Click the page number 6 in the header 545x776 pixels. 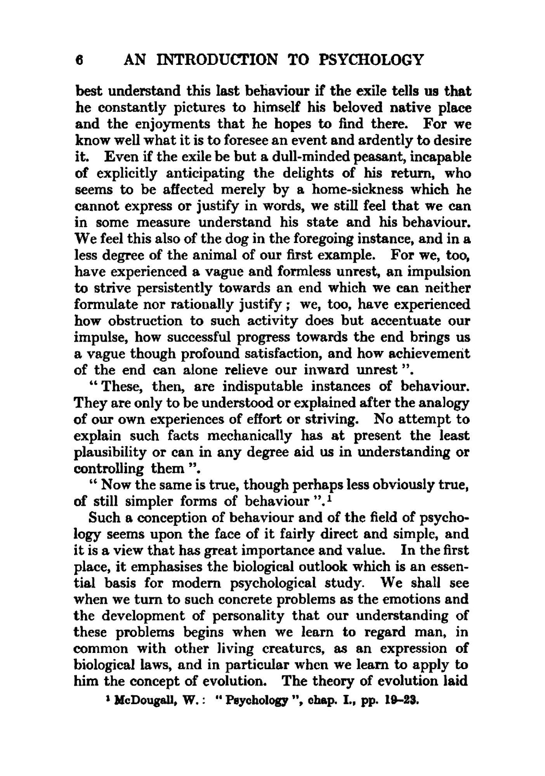tap(79, 59)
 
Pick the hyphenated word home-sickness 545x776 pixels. tap(356, 190)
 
